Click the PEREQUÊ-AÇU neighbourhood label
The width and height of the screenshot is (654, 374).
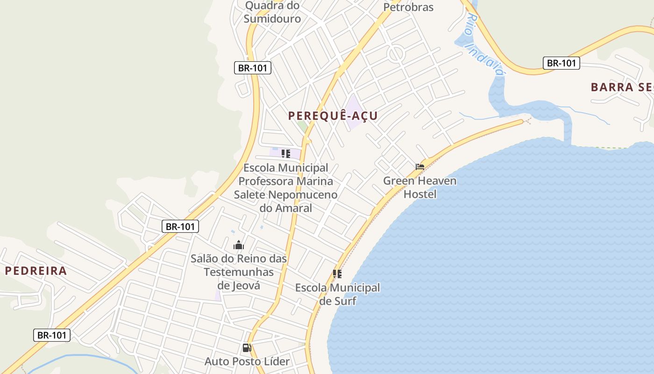[333, 115]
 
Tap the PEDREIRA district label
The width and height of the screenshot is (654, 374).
[36, 271]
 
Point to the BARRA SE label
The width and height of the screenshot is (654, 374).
[621, 87]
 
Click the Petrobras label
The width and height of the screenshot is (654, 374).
[408, 7]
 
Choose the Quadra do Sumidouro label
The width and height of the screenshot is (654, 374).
[272, 12]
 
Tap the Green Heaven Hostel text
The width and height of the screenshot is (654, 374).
[420, 187]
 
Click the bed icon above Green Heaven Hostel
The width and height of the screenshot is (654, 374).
[420, 166]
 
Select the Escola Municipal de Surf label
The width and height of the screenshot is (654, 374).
[337, 294]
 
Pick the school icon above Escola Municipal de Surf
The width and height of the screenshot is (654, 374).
[337, 273]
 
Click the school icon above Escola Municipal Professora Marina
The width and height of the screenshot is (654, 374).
[286, 153]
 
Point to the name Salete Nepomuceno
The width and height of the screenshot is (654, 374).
[286, 194]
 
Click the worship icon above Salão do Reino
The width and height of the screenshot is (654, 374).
[239, 245]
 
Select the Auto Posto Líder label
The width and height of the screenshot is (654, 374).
[247, 361]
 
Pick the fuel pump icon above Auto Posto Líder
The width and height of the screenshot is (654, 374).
[247, 347]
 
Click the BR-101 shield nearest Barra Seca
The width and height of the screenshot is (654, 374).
[561, 63]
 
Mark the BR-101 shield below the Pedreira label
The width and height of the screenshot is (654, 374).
[52, 335]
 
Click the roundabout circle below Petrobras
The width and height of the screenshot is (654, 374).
[396, 54]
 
